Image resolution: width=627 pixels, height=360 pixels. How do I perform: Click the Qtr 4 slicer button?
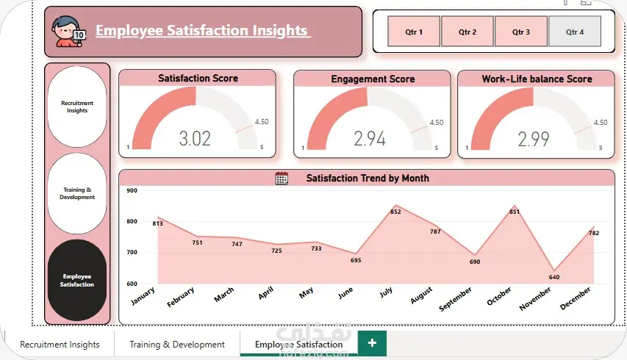pos(575,32)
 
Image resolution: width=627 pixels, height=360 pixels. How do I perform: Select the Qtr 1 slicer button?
pos(414,32)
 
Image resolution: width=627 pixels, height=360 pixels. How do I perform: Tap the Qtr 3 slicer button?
pos(521,32)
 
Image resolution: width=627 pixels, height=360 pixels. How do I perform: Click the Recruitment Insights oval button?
pos(77,107)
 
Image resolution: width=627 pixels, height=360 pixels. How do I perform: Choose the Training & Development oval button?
pos(77,193)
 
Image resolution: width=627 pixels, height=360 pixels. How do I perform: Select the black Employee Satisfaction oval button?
pos(77,280)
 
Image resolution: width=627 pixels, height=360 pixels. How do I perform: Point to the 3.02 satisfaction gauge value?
pos(195,139)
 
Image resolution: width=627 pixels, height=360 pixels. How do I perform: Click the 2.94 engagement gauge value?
pos(370,139)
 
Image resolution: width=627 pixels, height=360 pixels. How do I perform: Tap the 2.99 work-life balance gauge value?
pos(534,139)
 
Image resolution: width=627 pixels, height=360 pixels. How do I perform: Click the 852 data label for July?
pos(395,212)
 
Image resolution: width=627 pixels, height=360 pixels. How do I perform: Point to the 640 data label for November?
pos(554,277)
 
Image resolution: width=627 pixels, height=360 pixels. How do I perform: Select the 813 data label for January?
pos(157,223)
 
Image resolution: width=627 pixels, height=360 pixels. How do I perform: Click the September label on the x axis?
pos(456,299)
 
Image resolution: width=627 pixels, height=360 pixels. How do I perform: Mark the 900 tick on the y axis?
pos(132,190)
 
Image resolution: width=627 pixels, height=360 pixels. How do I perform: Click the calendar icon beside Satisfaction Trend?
pos(282,179)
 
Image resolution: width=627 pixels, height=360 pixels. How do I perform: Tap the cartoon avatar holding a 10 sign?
pos(68,32)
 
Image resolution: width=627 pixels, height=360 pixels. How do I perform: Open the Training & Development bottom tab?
pos(177,344)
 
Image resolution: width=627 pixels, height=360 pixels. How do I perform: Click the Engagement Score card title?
pos(373,79)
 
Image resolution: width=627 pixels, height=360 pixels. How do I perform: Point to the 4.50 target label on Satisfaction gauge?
pos(262,122)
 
